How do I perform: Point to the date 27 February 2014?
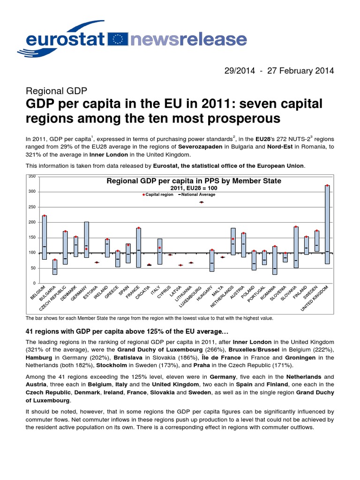[300, 71]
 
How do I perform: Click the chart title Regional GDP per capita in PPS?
[194, 181]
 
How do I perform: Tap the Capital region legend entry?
[158, 194]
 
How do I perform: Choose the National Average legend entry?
[195, 194]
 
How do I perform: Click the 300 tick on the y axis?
[32, 192]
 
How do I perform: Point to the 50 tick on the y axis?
[32, 268]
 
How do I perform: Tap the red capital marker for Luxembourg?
[202, 202]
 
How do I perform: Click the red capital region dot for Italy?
[160, 247]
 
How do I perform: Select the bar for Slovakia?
[296, 247]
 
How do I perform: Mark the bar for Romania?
[275, 260]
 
